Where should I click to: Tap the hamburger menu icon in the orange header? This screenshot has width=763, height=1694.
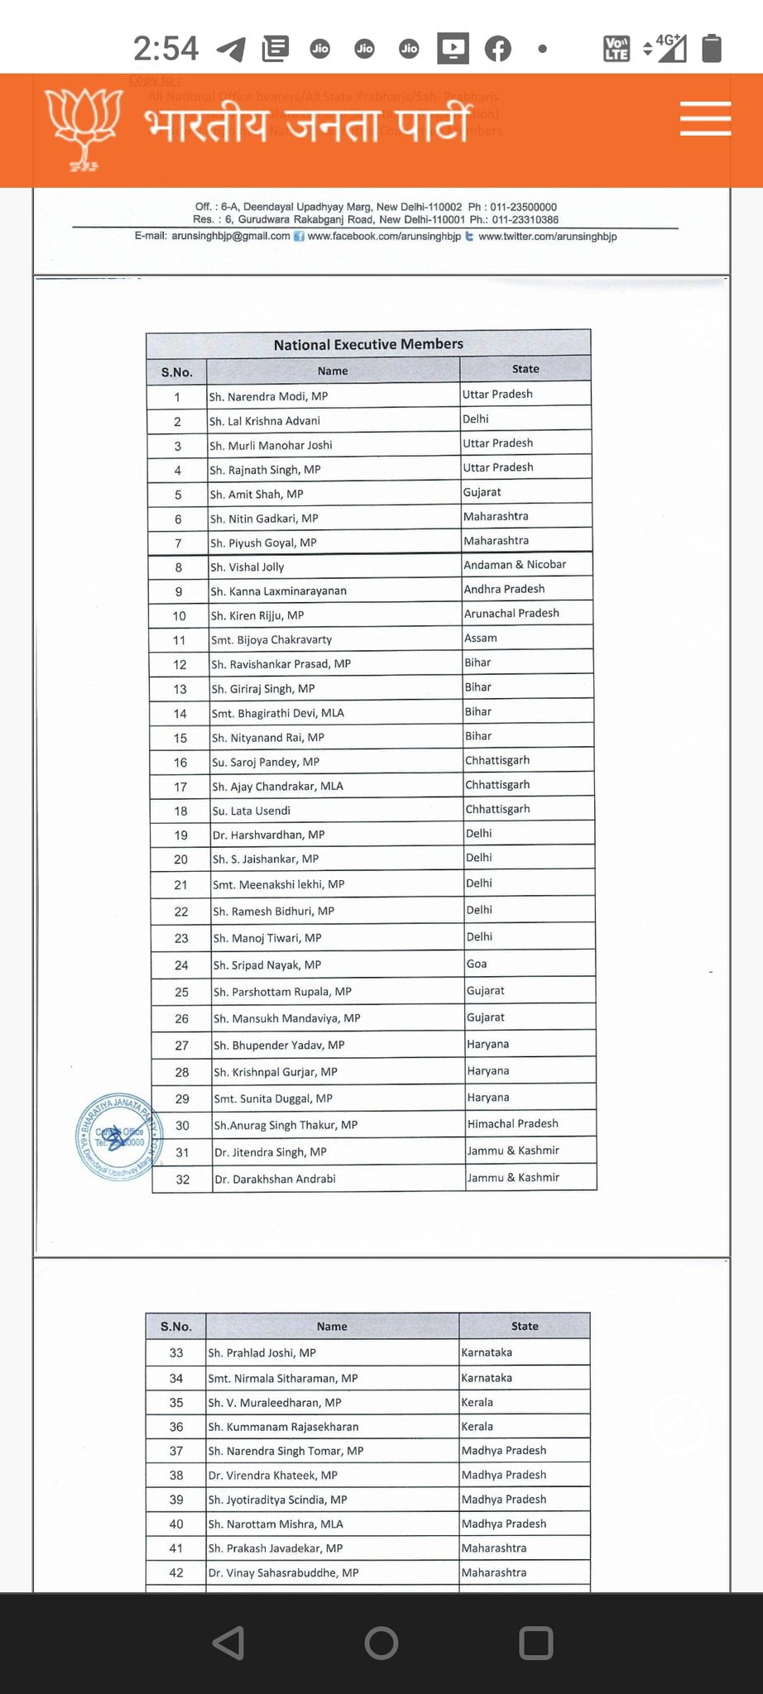[705, 118]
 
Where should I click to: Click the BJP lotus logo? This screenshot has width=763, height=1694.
[84, 128]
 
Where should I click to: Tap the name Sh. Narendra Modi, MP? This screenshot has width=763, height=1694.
[269, 396]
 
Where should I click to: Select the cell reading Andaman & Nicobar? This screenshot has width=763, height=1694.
[515, 564]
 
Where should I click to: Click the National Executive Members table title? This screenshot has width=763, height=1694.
[368, 344]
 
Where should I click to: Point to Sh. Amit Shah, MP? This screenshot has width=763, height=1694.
[257, 494]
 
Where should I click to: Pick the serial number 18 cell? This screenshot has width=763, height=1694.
[180, 811]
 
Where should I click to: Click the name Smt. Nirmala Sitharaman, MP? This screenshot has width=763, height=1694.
[283, 1378]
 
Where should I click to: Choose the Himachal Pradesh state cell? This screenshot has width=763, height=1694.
[513, 1123]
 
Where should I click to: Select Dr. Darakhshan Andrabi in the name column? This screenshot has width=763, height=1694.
[276, 1179]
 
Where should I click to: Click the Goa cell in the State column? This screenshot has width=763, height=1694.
[477, 964]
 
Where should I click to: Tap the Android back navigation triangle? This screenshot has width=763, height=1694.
[229, 1643]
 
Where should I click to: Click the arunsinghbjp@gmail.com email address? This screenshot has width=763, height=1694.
[231, 236]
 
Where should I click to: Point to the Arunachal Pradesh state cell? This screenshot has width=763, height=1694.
[511, 613]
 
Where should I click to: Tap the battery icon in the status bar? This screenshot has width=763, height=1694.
[712, 48]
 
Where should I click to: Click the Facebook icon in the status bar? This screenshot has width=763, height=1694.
[497, 49]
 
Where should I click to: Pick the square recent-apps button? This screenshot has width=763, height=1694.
[535, 1643]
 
